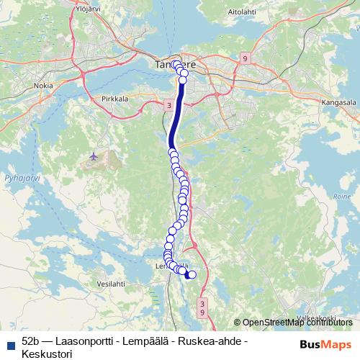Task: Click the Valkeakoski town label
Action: tap(317, 317)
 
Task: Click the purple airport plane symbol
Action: tap(94, 156)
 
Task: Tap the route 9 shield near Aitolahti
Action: tap(246, 59)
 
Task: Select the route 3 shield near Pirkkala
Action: tap(168, 106)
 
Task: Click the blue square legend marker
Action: tap(9, 341)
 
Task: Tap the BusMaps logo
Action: tap(326, 344)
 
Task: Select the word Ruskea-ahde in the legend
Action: tap(215, 341)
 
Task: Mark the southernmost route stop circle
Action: tap(192, 274)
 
